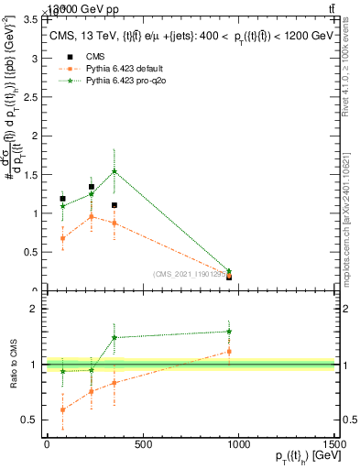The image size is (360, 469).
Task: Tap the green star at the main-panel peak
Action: tap(114, 171)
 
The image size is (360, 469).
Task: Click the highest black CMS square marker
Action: tap(92, 187)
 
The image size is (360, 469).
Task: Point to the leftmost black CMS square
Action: tap(62, 199)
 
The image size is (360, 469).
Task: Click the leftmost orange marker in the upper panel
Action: tap(62, 238)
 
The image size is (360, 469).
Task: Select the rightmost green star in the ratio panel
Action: tap(229, 332)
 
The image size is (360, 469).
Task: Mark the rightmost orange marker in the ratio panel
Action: tap(229, 351)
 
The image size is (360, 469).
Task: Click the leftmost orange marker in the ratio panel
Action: tap(62, 409)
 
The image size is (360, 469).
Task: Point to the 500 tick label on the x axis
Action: tap(142, 446)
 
